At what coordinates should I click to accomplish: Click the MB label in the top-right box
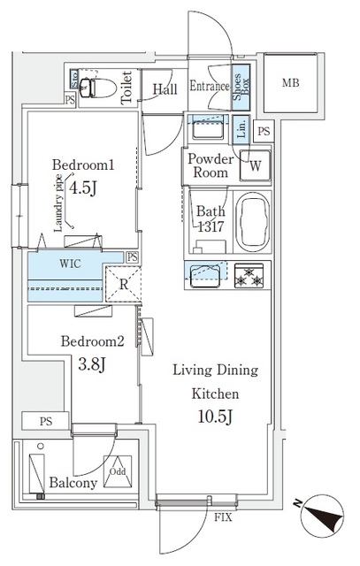coord(291,84)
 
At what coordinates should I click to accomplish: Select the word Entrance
coord(209,88)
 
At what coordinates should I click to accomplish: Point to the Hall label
coord(165,89)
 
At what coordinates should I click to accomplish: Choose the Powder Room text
coord(210,165)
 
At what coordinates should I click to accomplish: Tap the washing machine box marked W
coord(255,164)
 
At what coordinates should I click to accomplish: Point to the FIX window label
coord(224,516)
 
